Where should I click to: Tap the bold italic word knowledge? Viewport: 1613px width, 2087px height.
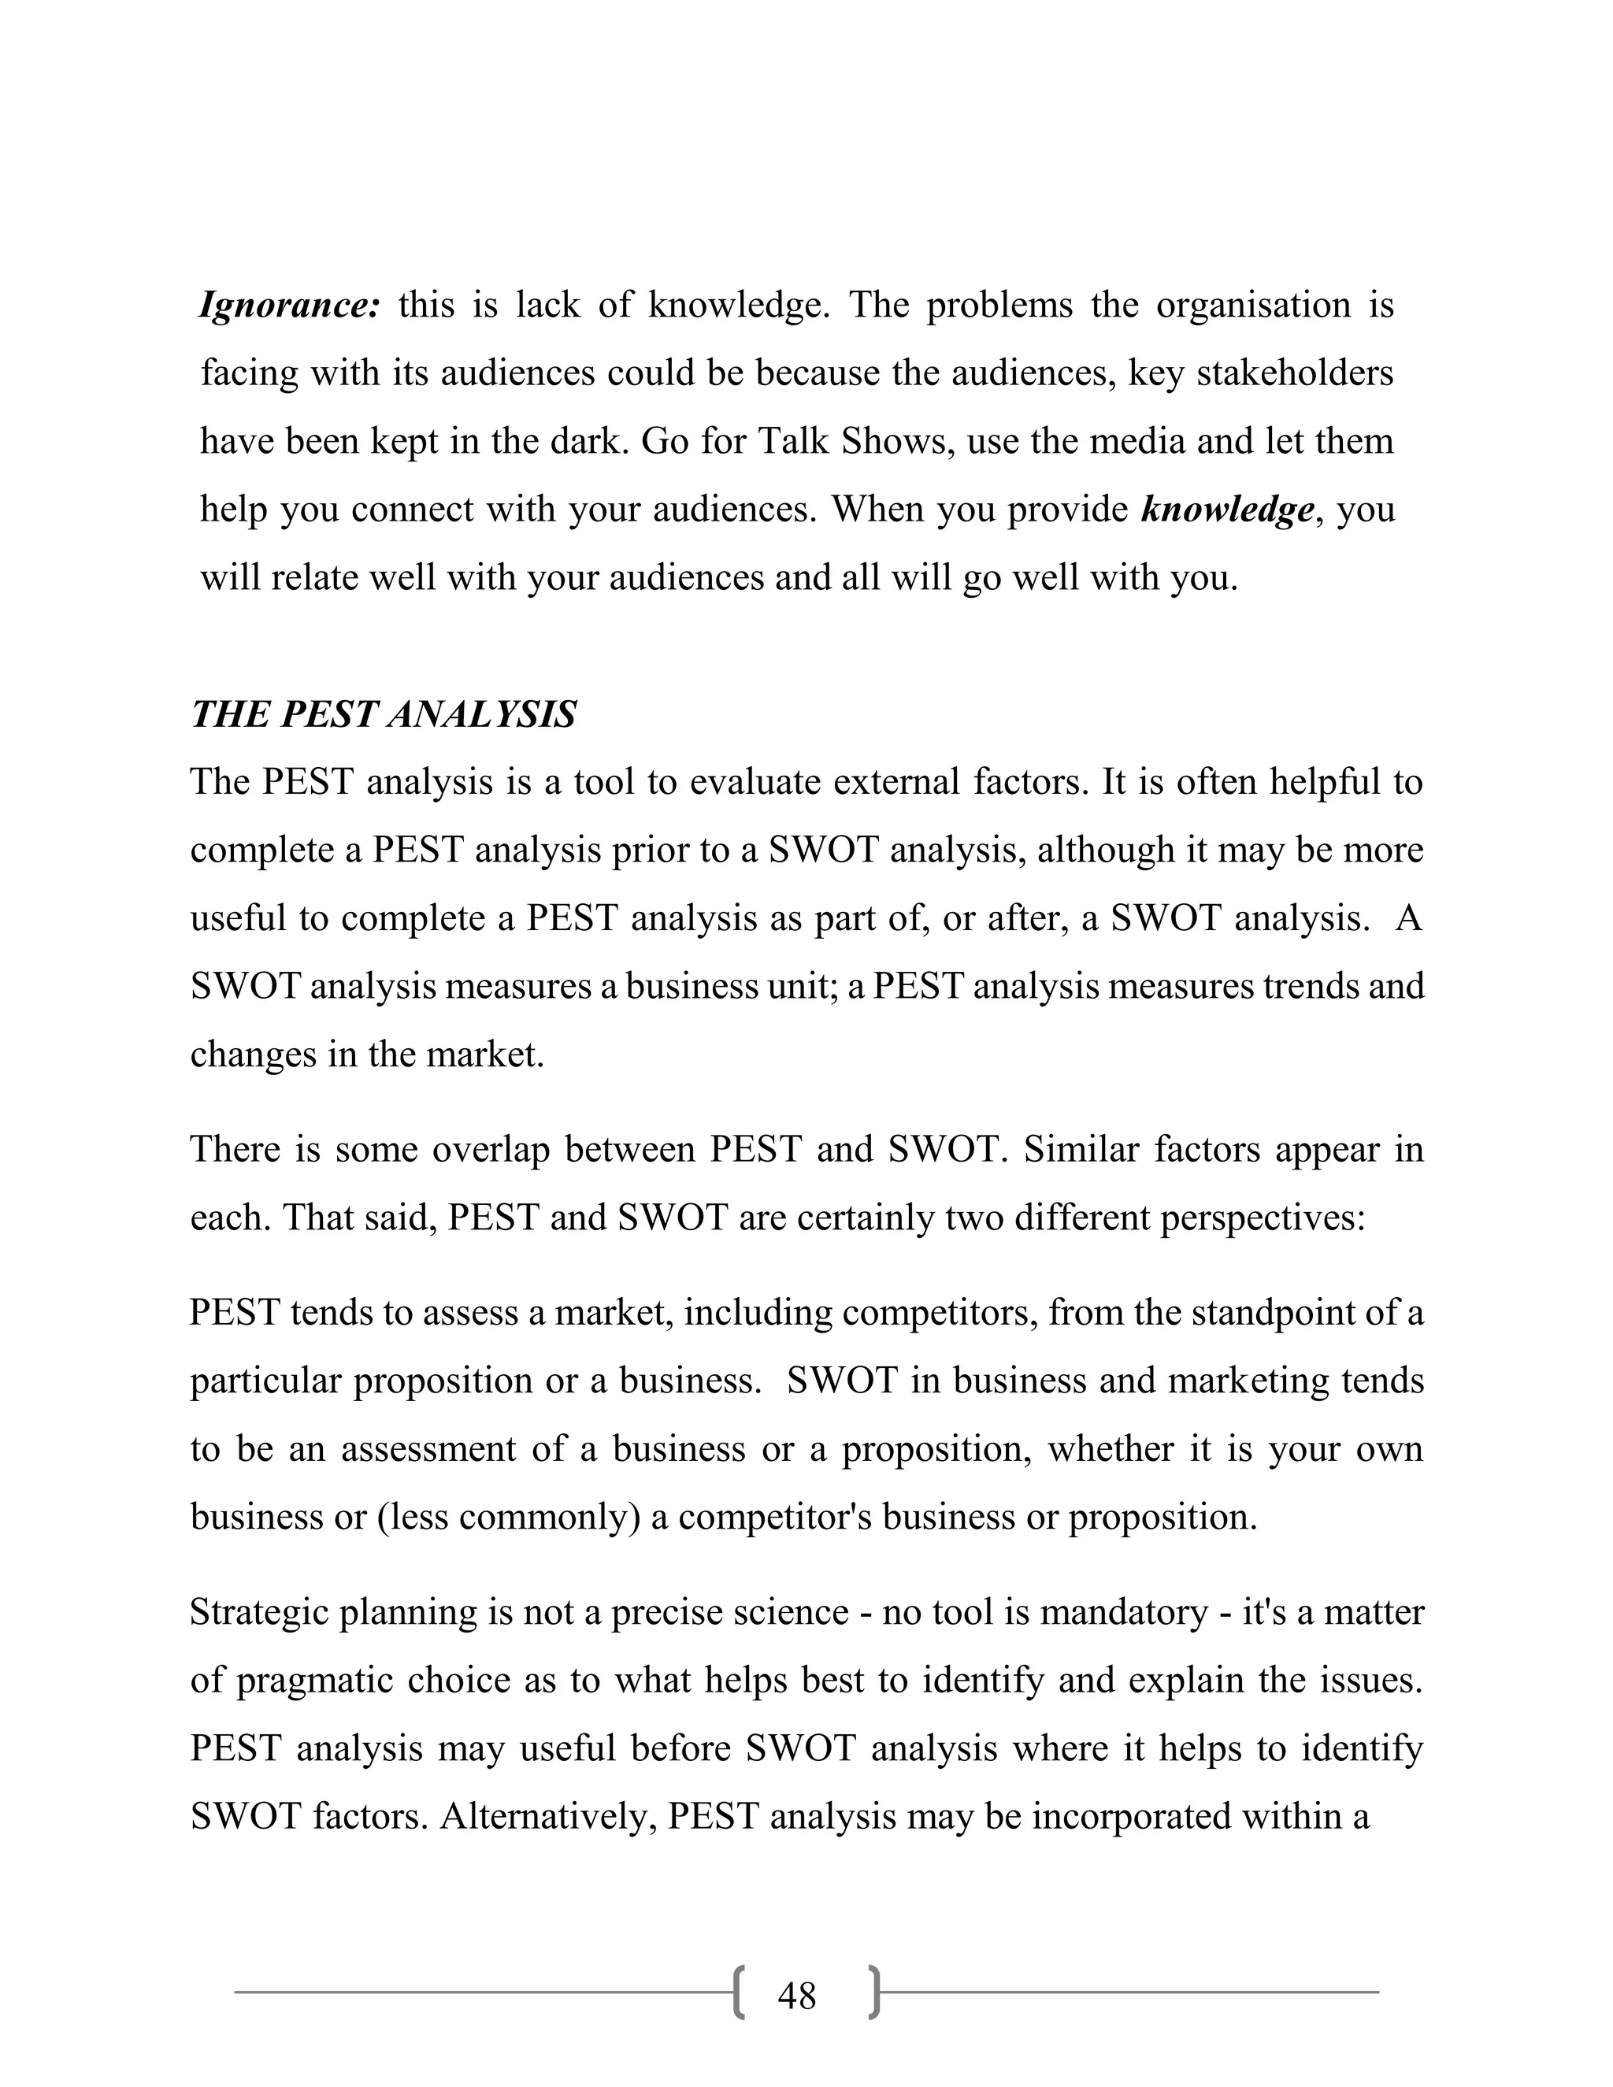1227,510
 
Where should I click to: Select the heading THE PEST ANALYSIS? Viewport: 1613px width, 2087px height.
384,715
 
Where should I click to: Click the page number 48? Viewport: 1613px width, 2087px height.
797,1996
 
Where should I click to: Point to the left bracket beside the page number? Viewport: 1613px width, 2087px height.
740,1992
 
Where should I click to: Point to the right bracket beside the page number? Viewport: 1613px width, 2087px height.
873,1992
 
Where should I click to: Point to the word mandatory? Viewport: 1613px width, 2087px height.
1124,1613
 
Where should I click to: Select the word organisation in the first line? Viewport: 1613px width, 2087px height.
1254,306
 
